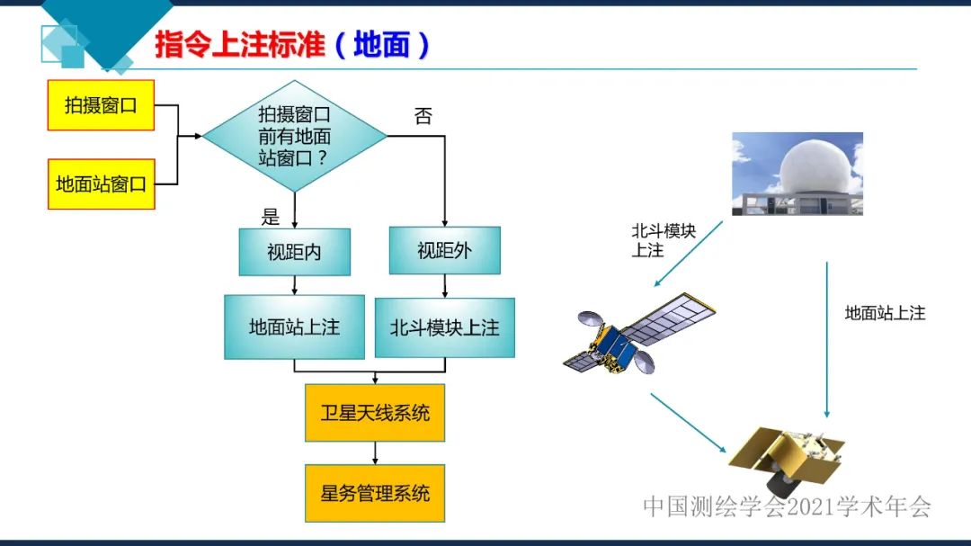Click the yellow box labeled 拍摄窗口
pos(101,105)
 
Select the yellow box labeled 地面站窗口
pos(101,184)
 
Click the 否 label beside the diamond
pos(423,116)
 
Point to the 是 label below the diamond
pos(270,217)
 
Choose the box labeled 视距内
pos(293,252)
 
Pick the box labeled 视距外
pos(444,250)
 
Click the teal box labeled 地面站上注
pos(294,327)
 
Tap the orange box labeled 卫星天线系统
pos(375,413)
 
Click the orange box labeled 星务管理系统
pos(375,493)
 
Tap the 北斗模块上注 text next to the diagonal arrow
pos(664,240)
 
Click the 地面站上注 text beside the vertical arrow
pos(885,313)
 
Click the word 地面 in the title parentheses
pos(381,45)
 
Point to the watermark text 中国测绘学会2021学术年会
pos(787,506)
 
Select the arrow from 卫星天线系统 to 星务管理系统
pos(375,452)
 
